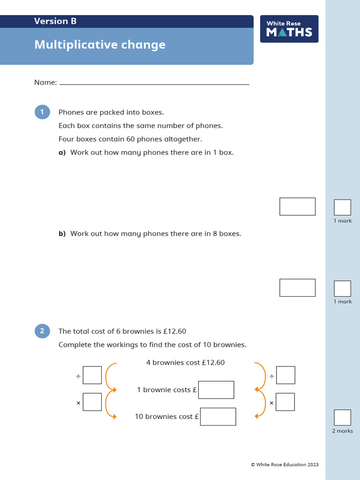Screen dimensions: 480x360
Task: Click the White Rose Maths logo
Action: point(289,29)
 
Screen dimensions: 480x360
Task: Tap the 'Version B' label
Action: point(55,21)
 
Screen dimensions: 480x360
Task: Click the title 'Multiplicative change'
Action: point(100,45)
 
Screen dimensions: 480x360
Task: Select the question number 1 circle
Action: point(42,112)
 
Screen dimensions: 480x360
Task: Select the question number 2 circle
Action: point(42,331)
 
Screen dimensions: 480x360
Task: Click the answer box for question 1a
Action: point(297,206)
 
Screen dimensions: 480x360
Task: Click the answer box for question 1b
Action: point(297,287)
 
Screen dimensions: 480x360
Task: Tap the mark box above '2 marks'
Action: point(342,418)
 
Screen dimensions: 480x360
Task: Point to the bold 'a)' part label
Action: point(62,153)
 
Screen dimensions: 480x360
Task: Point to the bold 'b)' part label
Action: point(62,234)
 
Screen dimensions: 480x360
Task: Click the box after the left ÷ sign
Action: point(92,375)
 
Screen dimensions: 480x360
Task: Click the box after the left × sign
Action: point(92,402)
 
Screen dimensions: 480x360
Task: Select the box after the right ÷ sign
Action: point(285,375)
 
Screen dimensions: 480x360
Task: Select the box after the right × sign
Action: point(285,402)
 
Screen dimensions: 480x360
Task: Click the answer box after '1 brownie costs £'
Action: point(216,390)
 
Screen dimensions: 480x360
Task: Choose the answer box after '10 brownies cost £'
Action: point(218,416)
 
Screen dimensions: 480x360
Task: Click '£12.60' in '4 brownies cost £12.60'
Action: point(213,363)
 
